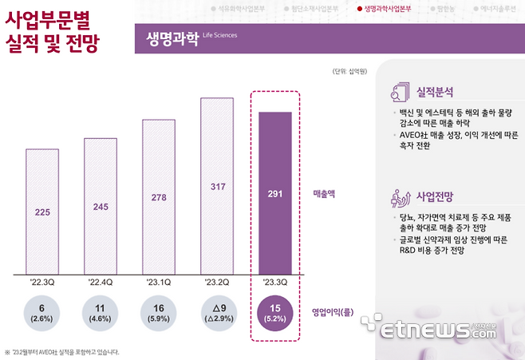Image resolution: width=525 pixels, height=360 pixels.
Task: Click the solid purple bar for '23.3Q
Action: point(274,191)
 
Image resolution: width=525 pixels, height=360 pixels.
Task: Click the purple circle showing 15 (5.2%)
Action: point(274,313)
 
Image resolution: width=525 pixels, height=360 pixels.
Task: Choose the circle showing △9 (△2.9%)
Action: point(217,313)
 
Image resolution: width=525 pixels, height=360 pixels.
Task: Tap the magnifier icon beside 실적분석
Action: point(398,93)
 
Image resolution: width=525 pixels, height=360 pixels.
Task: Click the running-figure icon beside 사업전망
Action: point(398,197)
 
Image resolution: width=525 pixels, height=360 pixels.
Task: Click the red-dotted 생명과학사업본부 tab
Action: point(384,10)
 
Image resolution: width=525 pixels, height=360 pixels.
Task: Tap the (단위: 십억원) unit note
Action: point(349,72)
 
